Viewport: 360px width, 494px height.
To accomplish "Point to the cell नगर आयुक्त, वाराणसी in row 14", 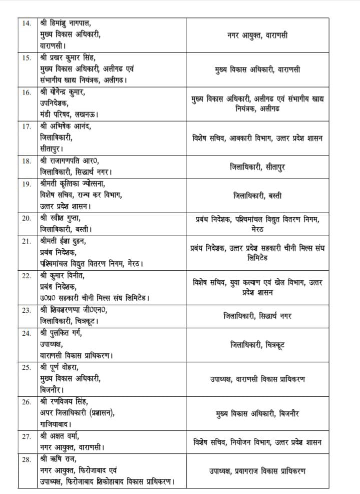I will pyautogui.click(x=257, y=35).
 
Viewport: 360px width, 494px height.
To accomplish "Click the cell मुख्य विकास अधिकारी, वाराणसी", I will pyautogui.click(x=257, y=70).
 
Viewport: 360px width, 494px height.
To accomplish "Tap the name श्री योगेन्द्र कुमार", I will pyautogui.click(x=68, y=92).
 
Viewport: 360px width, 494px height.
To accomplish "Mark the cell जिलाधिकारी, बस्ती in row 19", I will pyautogui.click(x=257, y=196).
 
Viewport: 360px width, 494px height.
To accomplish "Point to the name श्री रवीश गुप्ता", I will pyautogui.click(x=64, y=218).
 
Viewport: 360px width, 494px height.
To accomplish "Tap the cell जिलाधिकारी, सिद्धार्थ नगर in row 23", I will pyautogui.click(x=257, y=316).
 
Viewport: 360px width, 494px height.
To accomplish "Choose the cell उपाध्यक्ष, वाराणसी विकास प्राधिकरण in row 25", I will pyautogui.click(x=257, y=379).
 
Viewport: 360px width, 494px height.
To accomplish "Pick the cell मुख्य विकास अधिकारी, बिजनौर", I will pyautogui.click(x=257, y=414).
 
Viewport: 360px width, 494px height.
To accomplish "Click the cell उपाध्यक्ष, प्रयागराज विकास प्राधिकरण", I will pyautogui.click(x=257, y=471).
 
